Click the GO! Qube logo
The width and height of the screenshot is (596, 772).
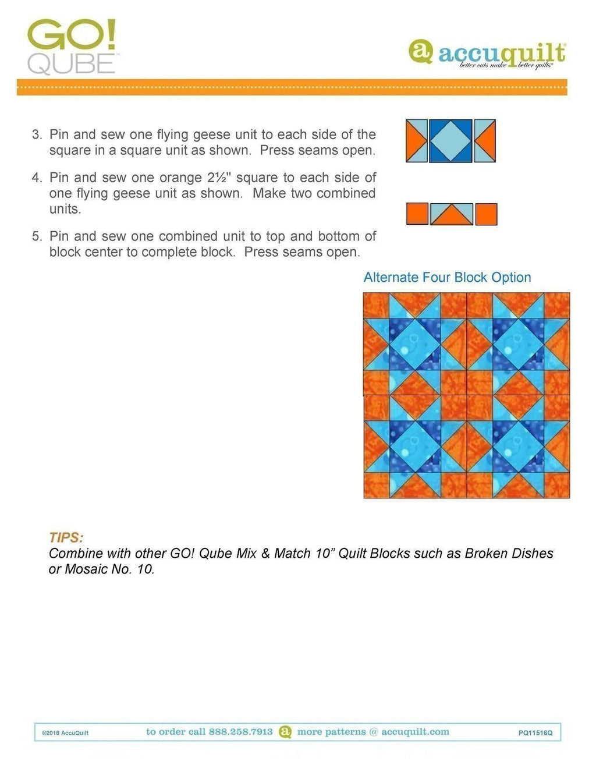(x=72, y=47)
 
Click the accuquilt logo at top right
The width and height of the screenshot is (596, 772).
(x=487, y=55)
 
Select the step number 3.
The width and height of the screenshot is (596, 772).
(x=37, y=134)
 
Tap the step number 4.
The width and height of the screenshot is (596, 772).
(x=37, y=178)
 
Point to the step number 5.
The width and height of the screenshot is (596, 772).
(x=37, y=236)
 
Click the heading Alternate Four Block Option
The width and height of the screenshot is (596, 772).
(x=447, y=278)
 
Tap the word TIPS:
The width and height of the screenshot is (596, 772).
(x=66, y=537)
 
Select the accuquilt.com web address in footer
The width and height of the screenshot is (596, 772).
(x=415, y=732)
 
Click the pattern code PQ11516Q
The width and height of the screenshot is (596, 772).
(x=535, y=733)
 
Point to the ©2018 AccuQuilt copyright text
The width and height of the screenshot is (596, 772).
(x=65, y=733)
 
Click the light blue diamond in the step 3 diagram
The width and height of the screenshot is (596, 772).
(x=450, y=141)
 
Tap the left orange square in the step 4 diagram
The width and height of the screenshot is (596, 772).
(x=417, y=214)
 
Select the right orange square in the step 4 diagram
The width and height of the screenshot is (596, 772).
(x=486, y=214)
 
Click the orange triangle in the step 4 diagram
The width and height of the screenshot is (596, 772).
(x=452, y=217)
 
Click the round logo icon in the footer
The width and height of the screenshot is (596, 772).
(x=285, y=732)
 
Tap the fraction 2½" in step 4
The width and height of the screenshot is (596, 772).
(x=217, y=178)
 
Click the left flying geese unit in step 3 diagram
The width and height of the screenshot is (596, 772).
(x=416, y=141)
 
